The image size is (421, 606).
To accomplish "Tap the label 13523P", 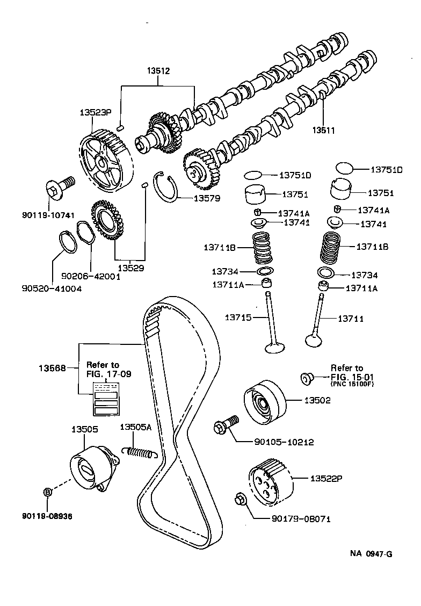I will (95, 113).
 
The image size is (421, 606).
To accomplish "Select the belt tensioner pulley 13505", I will (91, 467).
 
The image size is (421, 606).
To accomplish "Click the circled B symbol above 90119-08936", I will (47, 492).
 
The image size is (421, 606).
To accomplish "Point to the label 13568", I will (52, 369).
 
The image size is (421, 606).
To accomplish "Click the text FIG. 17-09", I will (108, 372).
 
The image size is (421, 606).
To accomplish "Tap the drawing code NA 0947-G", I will (371, 553).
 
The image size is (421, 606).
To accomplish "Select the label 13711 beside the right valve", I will (351, 319).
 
